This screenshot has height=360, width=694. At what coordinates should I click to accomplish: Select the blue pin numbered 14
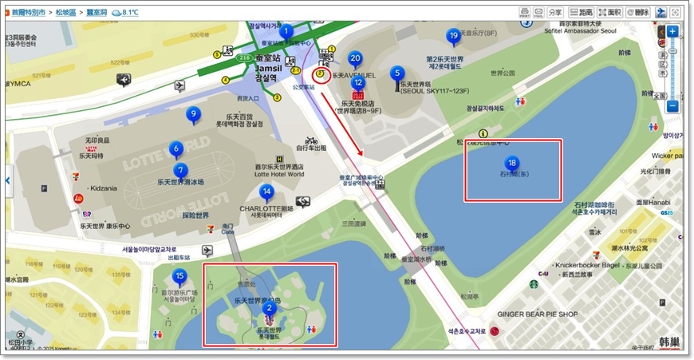click(x=266, y=192)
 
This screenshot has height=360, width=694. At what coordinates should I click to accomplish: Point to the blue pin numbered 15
click(x=179, y=278)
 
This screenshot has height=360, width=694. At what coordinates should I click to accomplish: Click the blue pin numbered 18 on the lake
click(x=512, y=163)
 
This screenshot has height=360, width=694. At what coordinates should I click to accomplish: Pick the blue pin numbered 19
click(x=453, y=36)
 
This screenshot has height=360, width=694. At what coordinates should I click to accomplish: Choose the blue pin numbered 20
click(x=355, y=58)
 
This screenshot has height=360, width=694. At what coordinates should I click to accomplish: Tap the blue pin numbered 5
click(x=397, y=73)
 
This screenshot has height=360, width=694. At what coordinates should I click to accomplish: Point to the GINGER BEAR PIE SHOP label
click(x=538, y=315)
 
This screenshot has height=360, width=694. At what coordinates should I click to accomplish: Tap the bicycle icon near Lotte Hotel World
click(x=311, y=140)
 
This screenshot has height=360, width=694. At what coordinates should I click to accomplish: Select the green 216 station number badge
click(x=244, y=58)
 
